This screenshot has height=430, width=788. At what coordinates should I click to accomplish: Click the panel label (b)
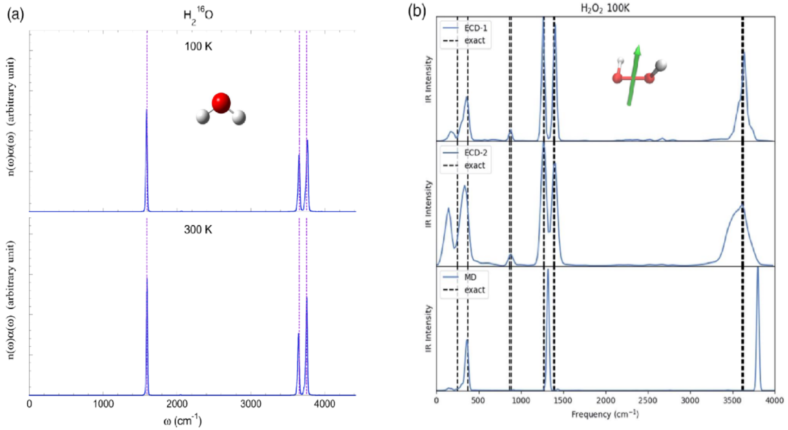pyautogui.click(x=417, y=11)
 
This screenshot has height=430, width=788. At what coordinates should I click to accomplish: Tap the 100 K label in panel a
pyautogui.click(x=198, y=46)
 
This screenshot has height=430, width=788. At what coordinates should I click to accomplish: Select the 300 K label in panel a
pyautogui.click(x=198, y=229)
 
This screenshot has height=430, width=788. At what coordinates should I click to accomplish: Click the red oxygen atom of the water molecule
pyautogui.click(x=221, y=103)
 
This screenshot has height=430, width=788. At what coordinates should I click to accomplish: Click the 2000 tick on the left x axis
pyautogui.click(x=177, y=404)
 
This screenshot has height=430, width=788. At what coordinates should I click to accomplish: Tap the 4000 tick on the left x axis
pyautogui.click(x=324, y=404)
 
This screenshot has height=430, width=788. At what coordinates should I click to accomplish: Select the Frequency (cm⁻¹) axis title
pyautogui.click(x=605, y=414)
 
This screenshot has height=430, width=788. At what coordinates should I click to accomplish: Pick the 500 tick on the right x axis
pyautogui.click(x=479, y=400)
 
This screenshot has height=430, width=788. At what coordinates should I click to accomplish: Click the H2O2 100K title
pyautogui.click(x=605, y=9)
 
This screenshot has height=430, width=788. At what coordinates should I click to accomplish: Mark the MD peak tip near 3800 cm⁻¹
pyautogui.click(x=757, y=268)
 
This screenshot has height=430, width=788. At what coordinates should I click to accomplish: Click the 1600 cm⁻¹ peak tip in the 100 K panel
pyautogui.click(x=147, y=110)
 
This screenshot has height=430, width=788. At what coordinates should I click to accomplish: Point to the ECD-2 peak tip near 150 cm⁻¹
pyautogui.click(x=448, y=208)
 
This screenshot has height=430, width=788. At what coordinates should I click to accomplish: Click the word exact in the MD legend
pyautogui.click(x=475, y=290)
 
